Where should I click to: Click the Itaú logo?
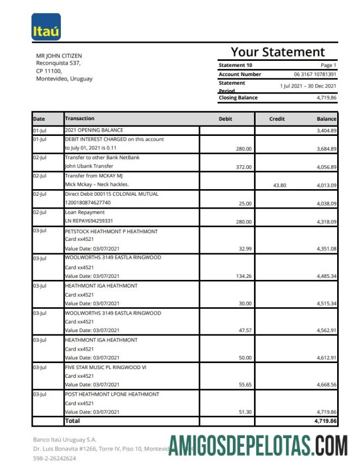tap(46, 27)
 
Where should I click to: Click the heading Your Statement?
tap(277, 52)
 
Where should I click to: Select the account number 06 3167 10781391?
tap(315, 74)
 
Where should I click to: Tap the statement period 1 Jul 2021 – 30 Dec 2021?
tap(308, 86)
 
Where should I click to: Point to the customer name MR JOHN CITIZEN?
tap(59, 56)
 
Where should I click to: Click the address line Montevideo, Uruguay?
tap(64, 79)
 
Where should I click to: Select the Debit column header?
tap(225, 118)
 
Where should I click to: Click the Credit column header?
tap(277, 118)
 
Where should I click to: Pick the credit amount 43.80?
tap(278, 185)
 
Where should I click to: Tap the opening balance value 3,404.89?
tap(326, 131)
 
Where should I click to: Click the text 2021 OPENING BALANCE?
tap(94, 130)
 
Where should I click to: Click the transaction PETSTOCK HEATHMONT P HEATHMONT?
tap(111, 232)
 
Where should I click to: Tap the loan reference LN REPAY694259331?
tap(89, 221)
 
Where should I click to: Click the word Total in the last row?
tap(72, 421)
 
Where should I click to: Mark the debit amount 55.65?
tap(245, 385)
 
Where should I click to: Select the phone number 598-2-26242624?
tap(55, 458)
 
